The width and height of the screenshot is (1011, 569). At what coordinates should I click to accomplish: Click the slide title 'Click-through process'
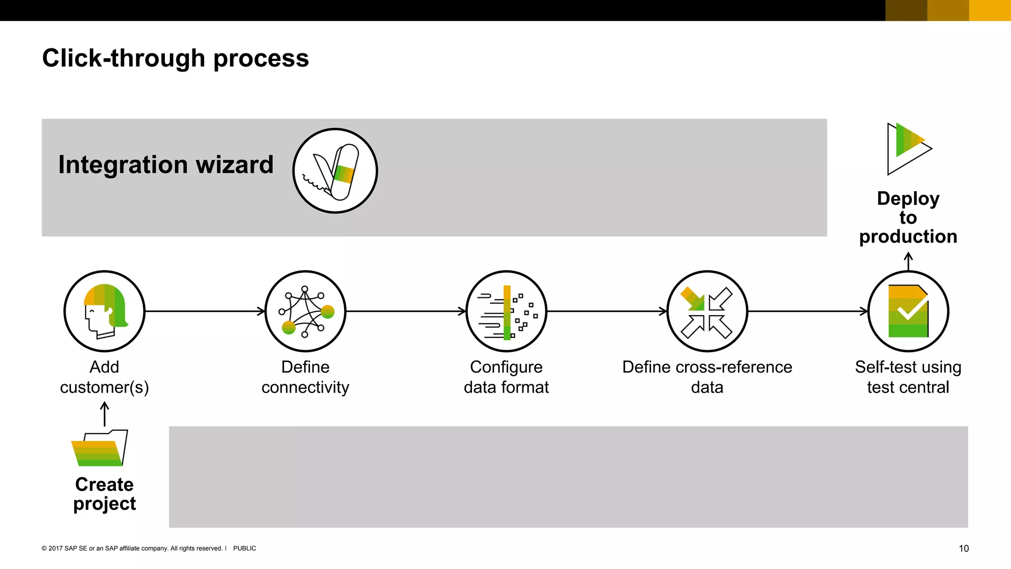175,58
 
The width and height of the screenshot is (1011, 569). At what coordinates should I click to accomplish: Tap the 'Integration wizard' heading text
166,164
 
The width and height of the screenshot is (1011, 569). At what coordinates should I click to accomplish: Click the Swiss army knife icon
335,171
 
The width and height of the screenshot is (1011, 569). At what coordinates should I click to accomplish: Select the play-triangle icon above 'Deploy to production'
908,148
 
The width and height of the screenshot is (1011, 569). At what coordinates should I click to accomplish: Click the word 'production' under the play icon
908,237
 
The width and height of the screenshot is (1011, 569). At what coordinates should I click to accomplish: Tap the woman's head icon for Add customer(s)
104,311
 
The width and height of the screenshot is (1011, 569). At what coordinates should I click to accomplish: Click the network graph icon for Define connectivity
305,311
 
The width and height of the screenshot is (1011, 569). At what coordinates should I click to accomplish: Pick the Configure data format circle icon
506,311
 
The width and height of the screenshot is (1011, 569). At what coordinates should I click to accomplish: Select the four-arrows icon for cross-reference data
707,311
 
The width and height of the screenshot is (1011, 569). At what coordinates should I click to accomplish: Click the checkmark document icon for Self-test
908,311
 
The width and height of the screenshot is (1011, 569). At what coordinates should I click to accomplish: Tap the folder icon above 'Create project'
100,448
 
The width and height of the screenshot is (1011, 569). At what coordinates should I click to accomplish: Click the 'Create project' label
104,494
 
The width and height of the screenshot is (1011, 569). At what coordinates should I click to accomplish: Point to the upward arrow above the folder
104,414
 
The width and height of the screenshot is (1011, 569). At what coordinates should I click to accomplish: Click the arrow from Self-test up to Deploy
908,261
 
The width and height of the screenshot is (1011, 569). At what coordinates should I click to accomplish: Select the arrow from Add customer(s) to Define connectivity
205,311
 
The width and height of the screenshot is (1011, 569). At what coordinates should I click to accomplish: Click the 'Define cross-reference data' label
707,377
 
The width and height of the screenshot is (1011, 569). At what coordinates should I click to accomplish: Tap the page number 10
963,548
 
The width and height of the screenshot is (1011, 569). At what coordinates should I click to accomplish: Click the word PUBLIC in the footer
244,548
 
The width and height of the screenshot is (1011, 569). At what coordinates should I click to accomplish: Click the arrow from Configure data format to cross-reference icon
607,311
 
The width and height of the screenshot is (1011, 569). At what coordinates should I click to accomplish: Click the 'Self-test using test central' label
908,377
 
